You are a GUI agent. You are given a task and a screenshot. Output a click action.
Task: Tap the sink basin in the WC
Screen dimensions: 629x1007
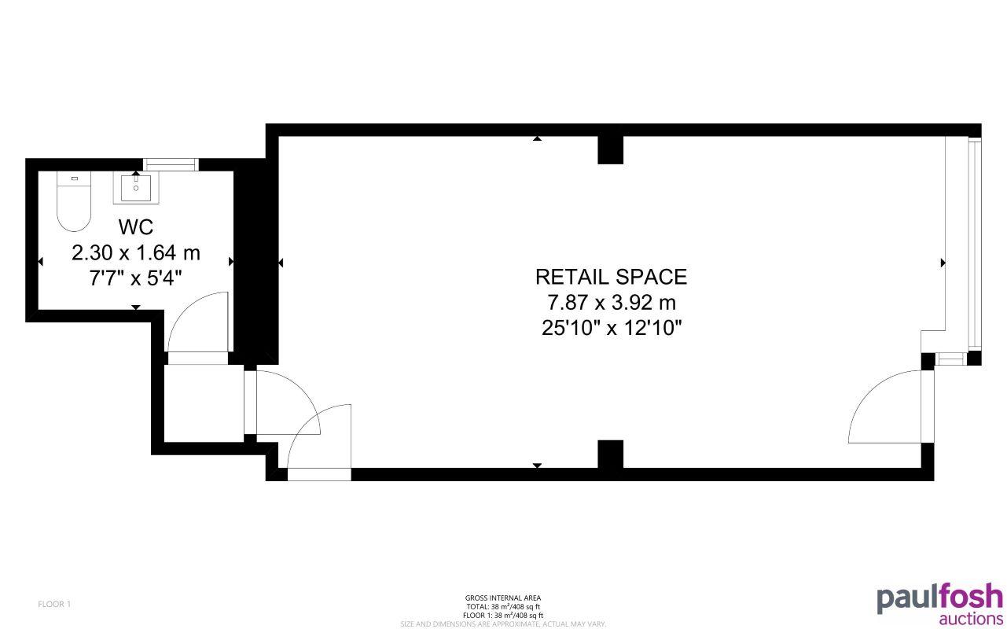(x=136, y=189)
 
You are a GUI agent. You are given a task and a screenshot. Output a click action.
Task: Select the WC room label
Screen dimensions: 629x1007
(x=136, y=227)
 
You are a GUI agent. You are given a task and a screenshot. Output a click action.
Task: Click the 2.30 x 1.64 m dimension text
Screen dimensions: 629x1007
(x=136, y=253)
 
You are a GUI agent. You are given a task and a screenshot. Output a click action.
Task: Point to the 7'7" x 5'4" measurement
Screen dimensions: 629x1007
(x=136, y=278)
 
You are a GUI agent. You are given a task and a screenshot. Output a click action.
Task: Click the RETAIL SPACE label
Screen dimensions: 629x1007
(x=611, y=277)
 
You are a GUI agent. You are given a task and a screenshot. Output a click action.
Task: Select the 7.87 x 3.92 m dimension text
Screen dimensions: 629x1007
(x=611, y=302)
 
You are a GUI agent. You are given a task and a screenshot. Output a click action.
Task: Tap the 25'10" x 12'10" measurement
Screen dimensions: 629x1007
(x=611, y=327)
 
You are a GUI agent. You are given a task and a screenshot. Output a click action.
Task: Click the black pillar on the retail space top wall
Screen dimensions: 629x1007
(x=610, y=149)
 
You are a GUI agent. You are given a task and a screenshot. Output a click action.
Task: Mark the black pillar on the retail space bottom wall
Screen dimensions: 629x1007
(x=610, y=454)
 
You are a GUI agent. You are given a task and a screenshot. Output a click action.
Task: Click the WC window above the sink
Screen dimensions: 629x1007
(x=170, y=164)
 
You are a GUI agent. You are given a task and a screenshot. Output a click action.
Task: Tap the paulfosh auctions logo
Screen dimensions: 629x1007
(x=939, y=604)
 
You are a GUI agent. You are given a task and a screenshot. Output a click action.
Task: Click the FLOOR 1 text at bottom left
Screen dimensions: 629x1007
(x=54, y=605)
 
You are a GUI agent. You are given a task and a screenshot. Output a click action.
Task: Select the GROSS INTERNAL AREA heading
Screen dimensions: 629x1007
(x=503, y=598)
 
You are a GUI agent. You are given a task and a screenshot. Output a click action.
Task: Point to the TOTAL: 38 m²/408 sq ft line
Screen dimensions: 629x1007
(x=503, y=607)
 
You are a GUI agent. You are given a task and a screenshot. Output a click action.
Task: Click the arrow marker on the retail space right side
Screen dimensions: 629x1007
(x=943, y=263)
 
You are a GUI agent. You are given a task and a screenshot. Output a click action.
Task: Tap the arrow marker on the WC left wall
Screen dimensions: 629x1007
(x=40, y=261)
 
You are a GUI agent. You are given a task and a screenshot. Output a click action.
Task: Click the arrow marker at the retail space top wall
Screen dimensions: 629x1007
(x=537, y=138)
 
